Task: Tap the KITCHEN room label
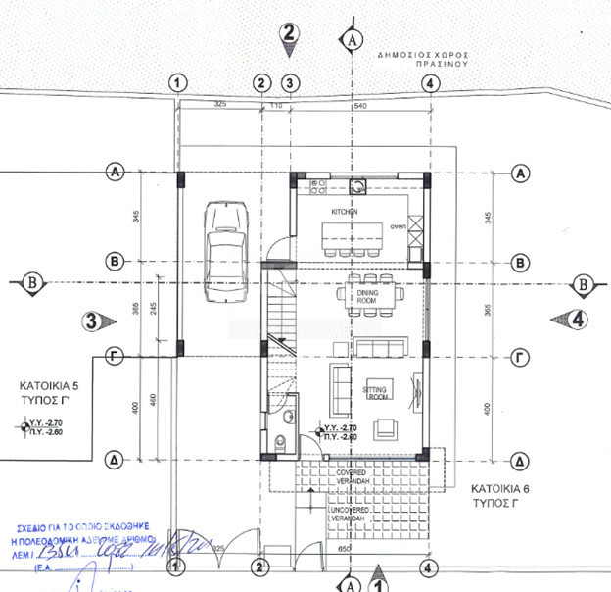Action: pyautogui.click(x=344, y=212)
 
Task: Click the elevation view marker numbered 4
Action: pyautogui.click(x=574, y=319)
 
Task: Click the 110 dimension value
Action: pyautogui.click(x=275, y=104)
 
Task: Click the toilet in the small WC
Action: pyautogui.click(x=282, y=442)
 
